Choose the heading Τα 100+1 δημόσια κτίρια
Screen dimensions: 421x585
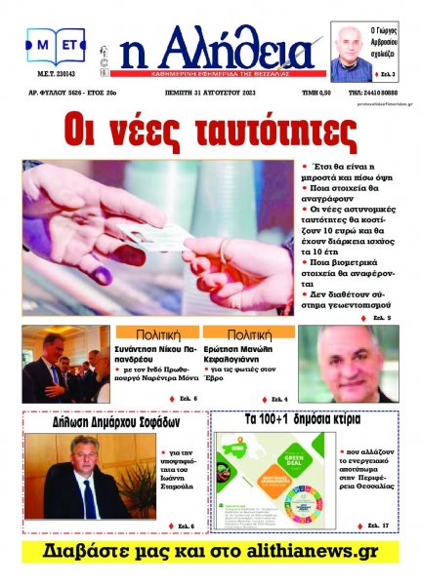point(303,421)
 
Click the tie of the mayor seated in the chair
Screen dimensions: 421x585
point(88,497)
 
